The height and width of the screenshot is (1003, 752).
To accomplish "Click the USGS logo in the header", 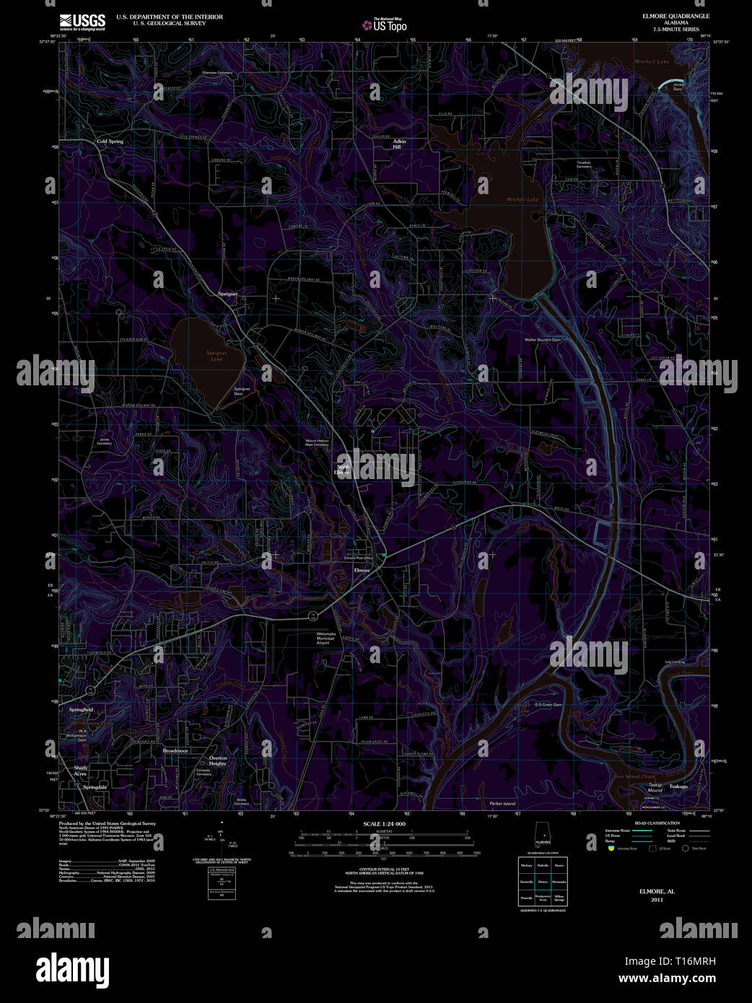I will pos(82,20).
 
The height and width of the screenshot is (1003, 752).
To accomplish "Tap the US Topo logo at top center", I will pos(386,25).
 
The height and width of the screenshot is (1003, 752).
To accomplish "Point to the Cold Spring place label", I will pos(110,141).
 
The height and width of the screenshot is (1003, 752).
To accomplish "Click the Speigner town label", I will pos(227,294).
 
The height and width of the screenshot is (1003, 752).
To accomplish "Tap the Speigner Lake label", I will pos(217,356).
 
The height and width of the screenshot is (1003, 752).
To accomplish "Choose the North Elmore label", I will pos(343,470).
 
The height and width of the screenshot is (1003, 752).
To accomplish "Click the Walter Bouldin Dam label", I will pos(542,339).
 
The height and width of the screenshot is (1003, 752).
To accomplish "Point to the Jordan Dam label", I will pos(677,88).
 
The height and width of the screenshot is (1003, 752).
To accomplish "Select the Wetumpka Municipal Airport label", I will pos(325,638).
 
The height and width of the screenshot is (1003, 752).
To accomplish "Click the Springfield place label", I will pos(81,710).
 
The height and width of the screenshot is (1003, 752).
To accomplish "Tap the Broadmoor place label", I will pos(175,750).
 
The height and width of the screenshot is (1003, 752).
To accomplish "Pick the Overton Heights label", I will pos(217,761).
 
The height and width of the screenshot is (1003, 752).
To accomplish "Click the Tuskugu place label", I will pos(678,786).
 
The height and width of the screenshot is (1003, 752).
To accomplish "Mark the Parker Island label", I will pos(502,803).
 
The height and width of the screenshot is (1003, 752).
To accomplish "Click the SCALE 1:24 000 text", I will pos(384,823).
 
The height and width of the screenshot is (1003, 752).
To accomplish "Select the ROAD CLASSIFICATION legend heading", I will pos(657,823).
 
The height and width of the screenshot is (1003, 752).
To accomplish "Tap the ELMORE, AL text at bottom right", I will pos(656,891).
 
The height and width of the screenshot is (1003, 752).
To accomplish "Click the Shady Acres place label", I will pos(80,771).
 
